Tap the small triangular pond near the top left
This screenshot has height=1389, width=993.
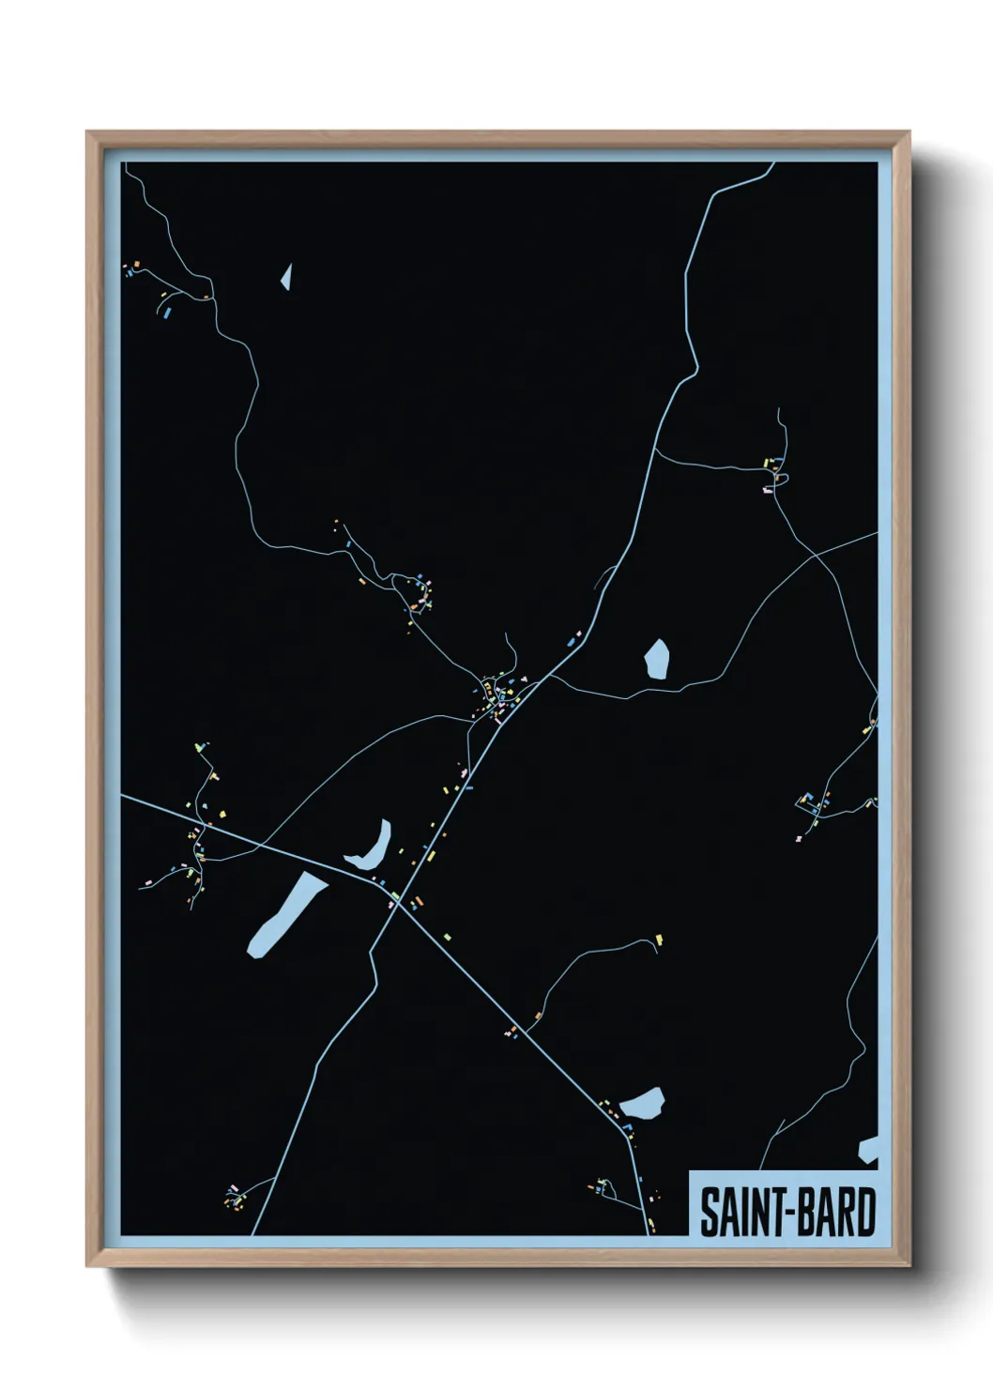coord(286,277)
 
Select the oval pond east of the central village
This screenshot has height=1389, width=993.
coord(656,659)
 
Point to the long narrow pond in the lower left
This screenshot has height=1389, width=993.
coord(284,914)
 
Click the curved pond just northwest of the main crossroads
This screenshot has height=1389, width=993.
coord(371,847)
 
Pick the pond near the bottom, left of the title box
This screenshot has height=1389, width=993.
coord(644,1104)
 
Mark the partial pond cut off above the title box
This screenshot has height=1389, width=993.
coord(868,1151)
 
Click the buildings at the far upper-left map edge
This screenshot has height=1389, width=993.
coord(131,269)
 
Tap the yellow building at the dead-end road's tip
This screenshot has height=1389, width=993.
coord(659,939)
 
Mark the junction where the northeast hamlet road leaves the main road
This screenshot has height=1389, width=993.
coord(655,451)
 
